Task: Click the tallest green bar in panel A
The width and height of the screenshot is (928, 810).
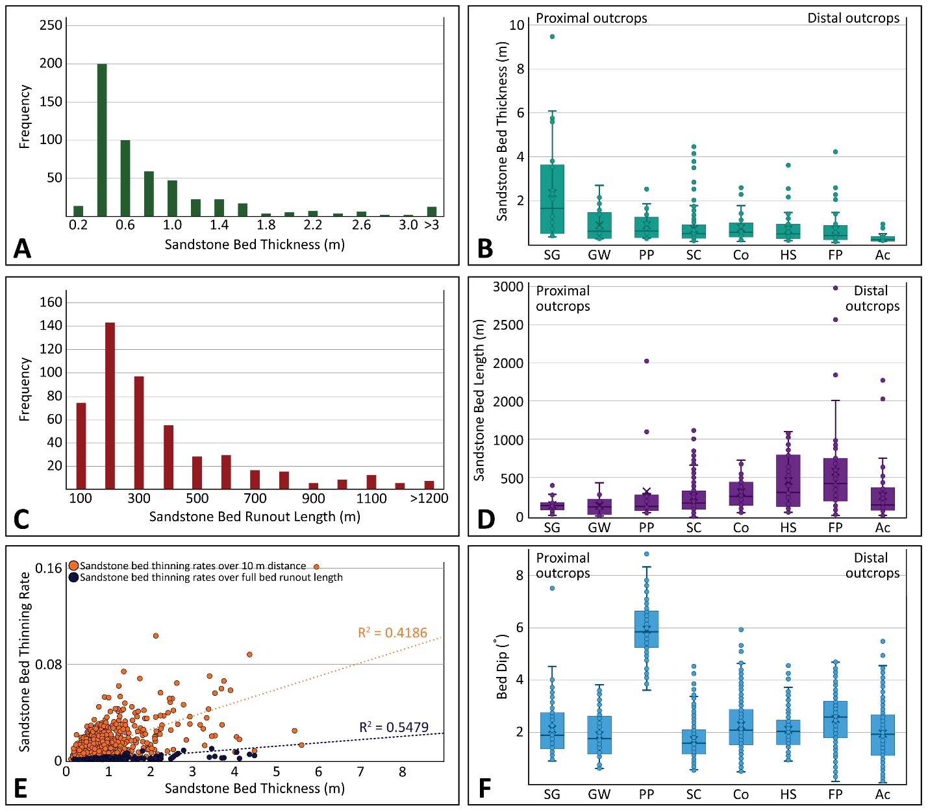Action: point(102,140)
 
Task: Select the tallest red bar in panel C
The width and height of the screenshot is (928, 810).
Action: point(110,406)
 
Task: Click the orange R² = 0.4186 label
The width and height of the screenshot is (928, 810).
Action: point(392,632)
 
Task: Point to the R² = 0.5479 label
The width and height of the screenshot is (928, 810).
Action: point(394,728)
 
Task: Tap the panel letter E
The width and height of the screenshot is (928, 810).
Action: point(21,788)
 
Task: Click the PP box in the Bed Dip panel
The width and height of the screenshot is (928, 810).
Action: point(646,629)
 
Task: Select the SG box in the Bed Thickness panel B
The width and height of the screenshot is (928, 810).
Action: point(552,199)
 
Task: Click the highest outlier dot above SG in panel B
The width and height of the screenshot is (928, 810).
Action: point(552,36)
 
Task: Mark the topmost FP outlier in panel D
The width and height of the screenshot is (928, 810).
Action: point(835,288)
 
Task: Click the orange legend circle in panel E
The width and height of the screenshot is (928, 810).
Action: point(73,565)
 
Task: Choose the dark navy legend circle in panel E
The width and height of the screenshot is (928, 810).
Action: point(73,577)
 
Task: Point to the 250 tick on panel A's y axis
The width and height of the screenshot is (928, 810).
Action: point(51,25)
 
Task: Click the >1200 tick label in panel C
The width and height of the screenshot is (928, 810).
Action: point(429,498)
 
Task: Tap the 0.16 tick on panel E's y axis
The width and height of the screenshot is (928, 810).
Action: point(48,568)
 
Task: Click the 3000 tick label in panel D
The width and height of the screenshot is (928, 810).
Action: point(508,287)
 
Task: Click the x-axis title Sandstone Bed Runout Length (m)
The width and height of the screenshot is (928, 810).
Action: point(255,517)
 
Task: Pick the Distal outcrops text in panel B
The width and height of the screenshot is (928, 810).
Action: point(853,18)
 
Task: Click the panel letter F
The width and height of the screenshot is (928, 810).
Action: point(484,788)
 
